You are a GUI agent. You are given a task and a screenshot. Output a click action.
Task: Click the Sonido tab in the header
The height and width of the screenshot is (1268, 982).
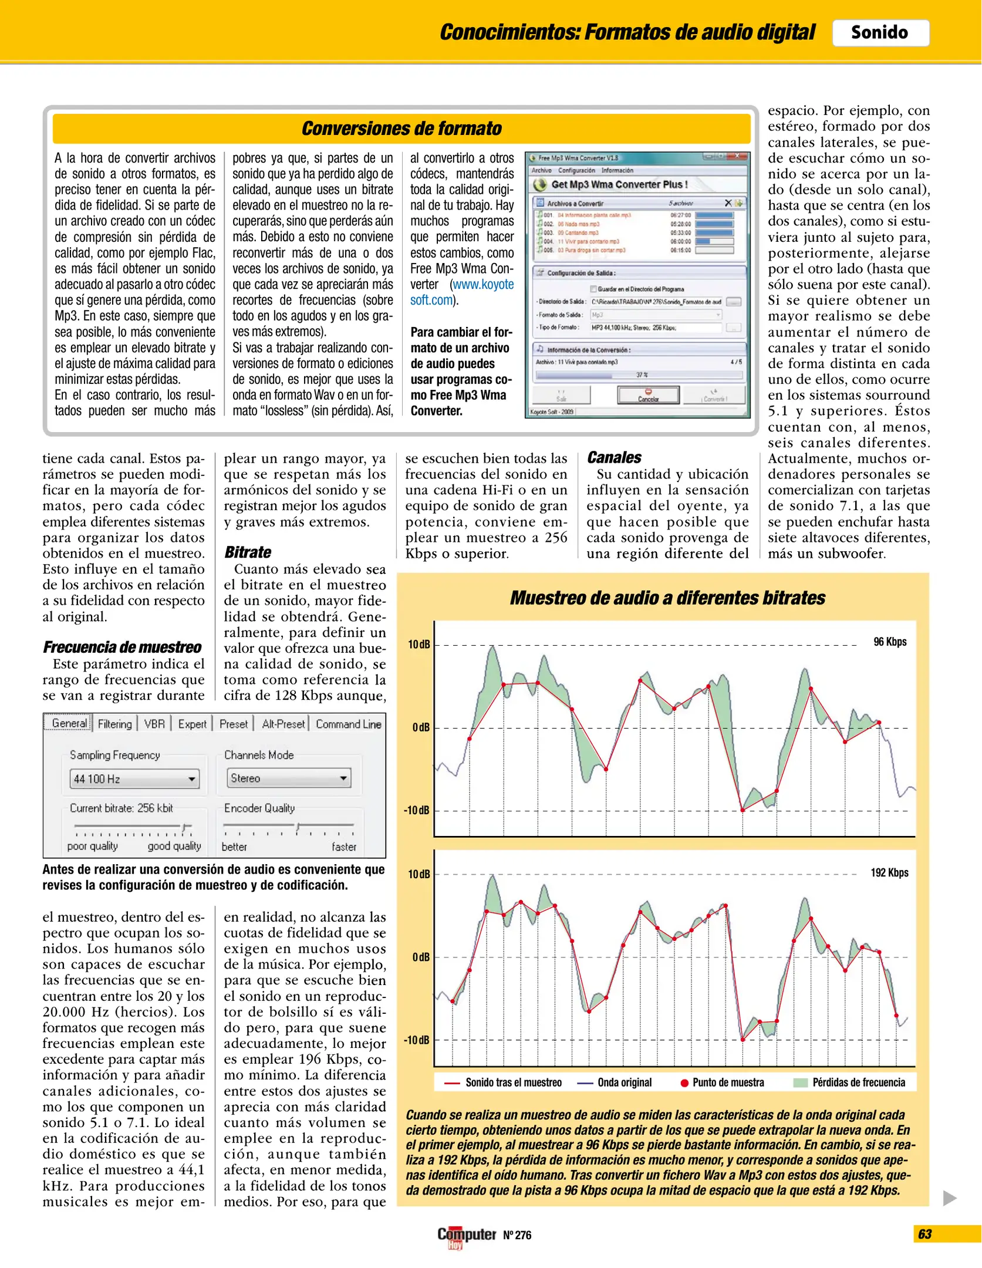pos(879,32)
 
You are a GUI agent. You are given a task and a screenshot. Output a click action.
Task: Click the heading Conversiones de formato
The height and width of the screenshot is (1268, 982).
pos(401,129)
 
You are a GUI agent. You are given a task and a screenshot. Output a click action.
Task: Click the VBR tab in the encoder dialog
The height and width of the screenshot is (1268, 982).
pos(154,724)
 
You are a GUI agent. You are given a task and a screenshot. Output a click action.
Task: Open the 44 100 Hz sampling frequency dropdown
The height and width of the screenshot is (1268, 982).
pos(134,779)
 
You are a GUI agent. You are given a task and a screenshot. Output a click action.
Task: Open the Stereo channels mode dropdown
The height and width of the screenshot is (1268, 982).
pos(289,778)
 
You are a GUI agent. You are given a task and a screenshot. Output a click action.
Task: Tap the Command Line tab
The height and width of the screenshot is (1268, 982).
pos(349,724)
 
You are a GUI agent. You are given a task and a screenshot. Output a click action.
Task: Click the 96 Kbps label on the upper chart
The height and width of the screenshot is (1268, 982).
pos(890,642)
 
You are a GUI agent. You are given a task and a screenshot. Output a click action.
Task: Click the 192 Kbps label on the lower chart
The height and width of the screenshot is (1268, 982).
pos(889,872)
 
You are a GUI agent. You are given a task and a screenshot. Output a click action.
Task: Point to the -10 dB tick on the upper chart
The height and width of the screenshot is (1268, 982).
pos(417,810)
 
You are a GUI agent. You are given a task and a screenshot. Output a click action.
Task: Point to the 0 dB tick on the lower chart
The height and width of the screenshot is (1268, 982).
pos(421,957)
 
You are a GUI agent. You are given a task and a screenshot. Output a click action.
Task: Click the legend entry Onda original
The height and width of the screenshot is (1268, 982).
pos(624,1082)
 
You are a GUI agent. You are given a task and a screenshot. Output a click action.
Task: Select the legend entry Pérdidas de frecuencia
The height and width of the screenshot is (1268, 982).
pos(858,1082)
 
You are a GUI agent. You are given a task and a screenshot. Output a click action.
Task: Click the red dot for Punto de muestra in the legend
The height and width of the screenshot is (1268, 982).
pos(684,1083)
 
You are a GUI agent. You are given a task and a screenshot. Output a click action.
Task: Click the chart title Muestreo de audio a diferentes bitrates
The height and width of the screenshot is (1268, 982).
pos(667,598)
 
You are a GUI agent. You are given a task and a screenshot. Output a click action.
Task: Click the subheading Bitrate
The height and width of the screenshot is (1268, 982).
pos(248,552)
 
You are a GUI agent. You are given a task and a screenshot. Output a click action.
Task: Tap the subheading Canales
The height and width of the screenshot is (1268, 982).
pos(614,457)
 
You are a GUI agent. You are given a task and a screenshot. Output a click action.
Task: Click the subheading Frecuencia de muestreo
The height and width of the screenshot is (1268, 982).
pos(122,647)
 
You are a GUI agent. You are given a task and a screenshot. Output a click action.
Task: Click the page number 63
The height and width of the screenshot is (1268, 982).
pos(925,1234)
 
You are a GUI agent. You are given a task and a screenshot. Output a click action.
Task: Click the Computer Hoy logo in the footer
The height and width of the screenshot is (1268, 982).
pos(466,1236)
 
